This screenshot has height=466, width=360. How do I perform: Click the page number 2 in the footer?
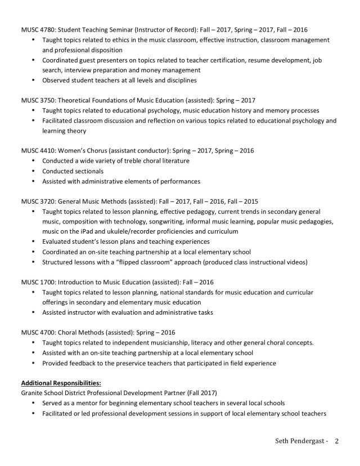[336, 441]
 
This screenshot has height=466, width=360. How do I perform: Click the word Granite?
[33, 393]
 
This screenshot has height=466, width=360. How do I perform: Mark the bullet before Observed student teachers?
[33, 80]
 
